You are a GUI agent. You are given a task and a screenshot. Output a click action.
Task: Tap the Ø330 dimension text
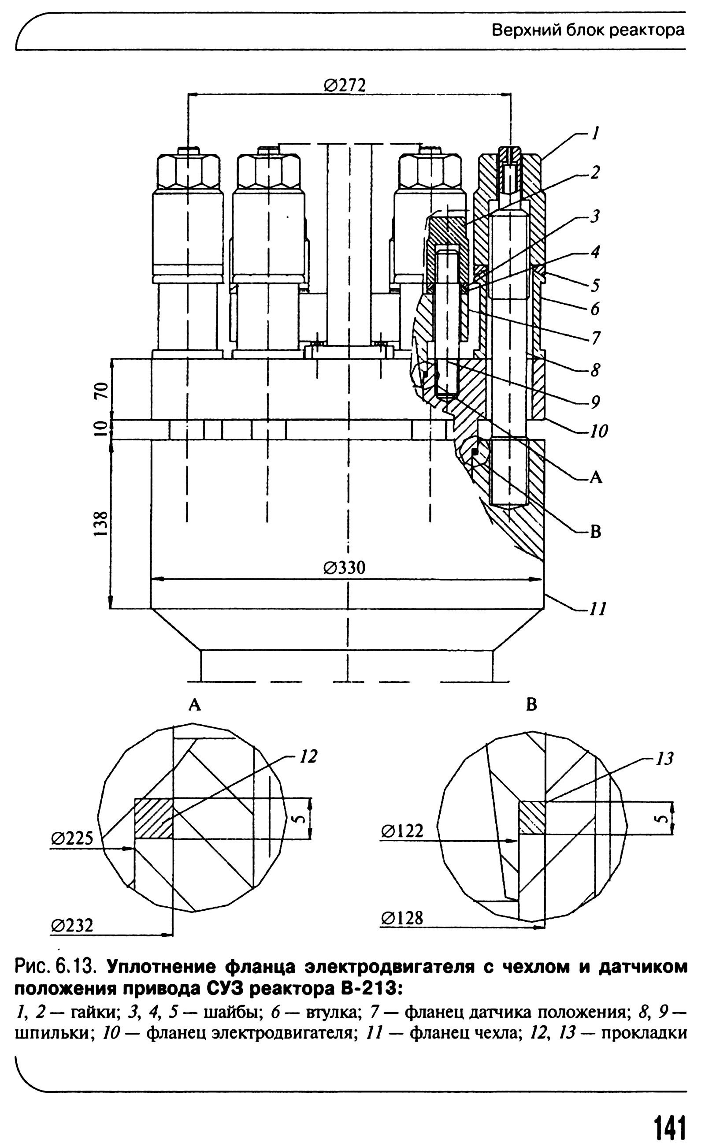click(x=345, y=568)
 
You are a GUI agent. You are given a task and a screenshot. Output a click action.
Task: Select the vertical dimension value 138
click(x=101, y=524)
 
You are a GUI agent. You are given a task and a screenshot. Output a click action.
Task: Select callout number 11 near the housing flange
click(x=598, y=609)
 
